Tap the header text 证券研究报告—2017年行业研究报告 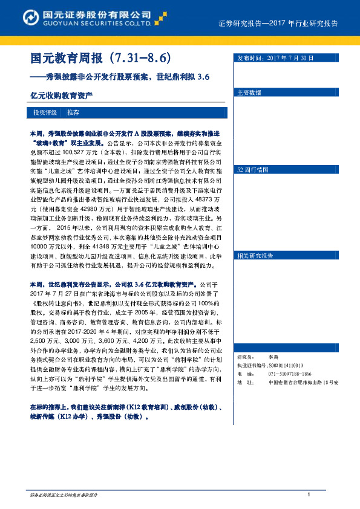[278, 23]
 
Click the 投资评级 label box [45, 112]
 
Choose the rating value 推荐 [73, 112]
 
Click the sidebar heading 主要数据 [249, 93]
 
